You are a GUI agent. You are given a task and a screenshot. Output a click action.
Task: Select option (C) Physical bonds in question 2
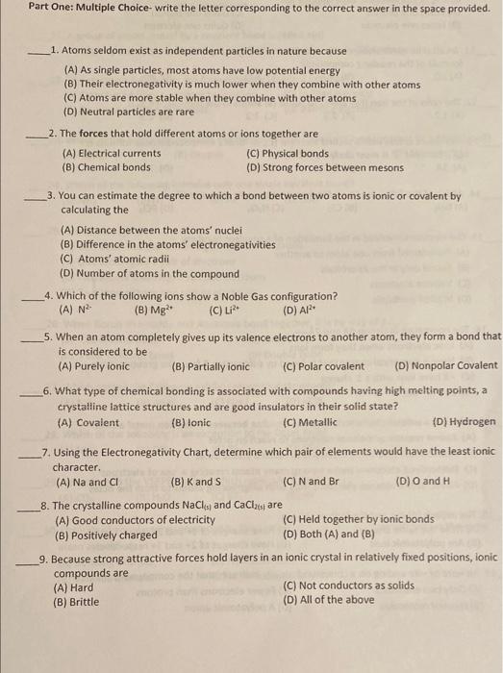pos(288,154)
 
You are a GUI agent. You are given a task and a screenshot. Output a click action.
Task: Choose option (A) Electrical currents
pos(112,154)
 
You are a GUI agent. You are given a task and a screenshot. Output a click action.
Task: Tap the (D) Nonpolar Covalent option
pos(445,366)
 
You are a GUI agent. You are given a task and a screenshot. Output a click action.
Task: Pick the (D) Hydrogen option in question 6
pos(465,422)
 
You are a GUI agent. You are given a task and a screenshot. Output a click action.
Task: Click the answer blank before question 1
pos(39,53)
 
